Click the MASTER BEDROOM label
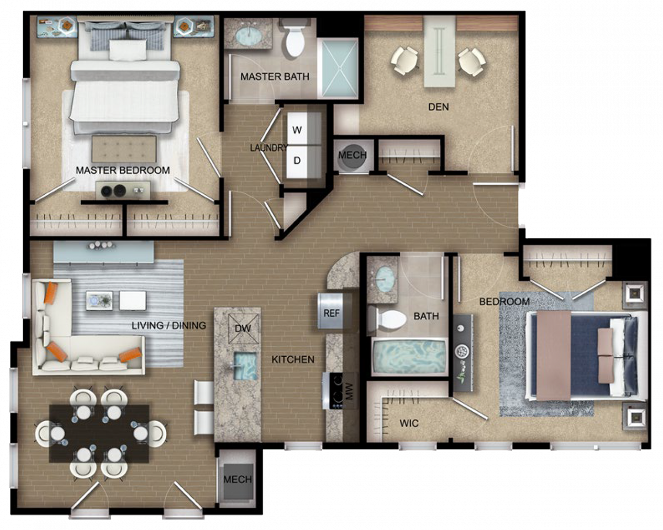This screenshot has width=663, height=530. [x=123, y=170]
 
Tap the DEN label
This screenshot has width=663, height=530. [x=438, y=107]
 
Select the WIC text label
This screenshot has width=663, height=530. [x=409, y=423]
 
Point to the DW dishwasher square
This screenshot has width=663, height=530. [x=243, y=328]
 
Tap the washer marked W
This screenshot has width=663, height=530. [x=297, y=129]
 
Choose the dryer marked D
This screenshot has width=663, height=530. [x=297, y=161]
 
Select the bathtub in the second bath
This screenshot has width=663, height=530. [x=409, y=357]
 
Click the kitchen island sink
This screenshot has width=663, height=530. [x=245, y=366]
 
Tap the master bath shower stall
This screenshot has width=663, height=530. [x=340, y=68]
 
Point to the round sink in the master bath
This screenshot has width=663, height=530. [x=249, y=36]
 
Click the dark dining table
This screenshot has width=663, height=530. [x=99, y=433]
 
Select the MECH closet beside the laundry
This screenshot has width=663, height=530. [x=352, y=156]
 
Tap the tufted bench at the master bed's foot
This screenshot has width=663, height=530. [x=124, y=149]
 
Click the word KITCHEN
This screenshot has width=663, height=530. [x=293, y=359]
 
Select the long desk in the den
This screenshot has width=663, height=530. [x=440, y=52]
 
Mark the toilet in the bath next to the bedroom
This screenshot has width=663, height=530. [x=387, y=320]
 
